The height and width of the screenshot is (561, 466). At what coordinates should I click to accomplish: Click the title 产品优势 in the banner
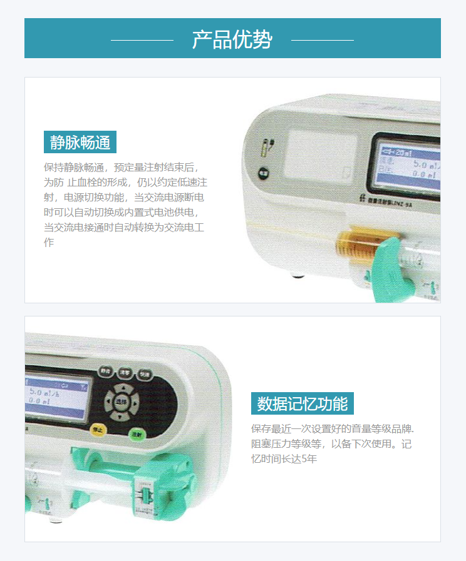coord(232,39)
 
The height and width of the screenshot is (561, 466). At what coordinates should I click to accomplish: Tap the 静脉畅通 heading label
coord(80,143)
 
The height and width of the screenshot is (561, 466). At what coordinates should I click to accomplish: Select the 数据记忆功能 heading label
coord(303,404)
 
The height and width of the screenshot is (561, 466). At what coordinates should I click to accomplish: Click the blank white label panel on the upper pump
coord(317,154)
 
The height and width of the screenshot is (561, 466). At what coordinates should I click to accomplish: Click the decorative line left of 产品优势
coord(142,40)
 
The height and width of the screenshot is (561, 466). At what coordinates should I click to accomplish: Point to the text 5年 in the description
coord(309,459)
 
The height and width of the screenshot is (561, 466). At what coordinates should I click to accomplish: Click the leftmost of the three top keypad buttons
coord(106,371)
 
